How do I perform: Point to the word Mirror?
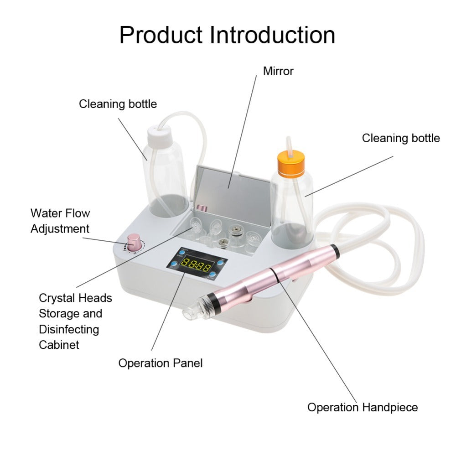pos(278,71)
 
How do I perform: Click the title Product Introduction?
pos(227,35)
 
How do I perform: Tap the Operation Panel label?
pos(161,363)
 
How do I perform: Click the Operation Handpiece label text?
pos(363,407)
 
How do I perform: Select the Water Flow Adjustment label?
pos(60,221)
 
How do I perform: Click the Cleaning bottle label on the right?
pos(401,138)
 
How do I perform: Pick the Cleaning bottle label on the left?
pos(118,104)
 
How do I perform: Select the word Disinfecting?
pos(69,329)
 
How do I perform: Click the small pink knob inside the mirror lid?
pos(203,209)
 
